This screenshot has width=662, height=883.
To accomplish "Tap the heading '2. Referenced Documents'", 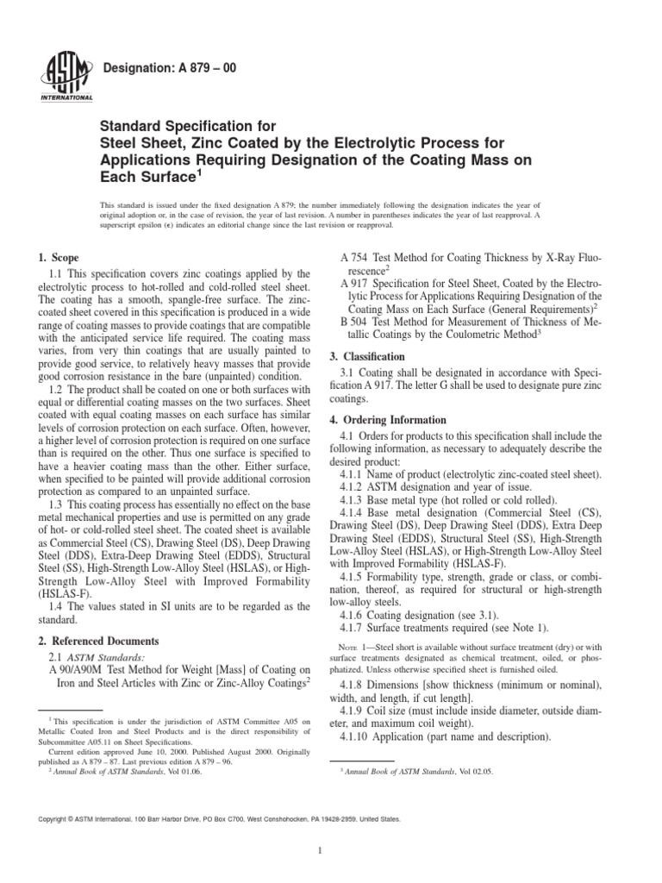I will [x=98, y=642].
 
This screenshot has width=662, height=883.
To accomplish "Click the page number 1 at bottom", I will [x=319, y=850].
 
